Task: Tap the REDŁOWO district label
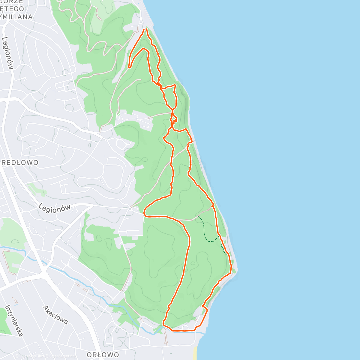pos(20,163)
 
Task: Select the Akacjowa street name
pos(55,315)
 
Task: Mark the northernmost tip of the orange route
pos(146,29)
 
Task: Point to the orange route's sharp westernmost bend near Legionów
pos(144,214)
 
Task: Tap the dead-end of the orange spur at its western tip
pos(129,67)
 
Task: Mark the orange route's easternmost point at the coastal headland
pos(231,265)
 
